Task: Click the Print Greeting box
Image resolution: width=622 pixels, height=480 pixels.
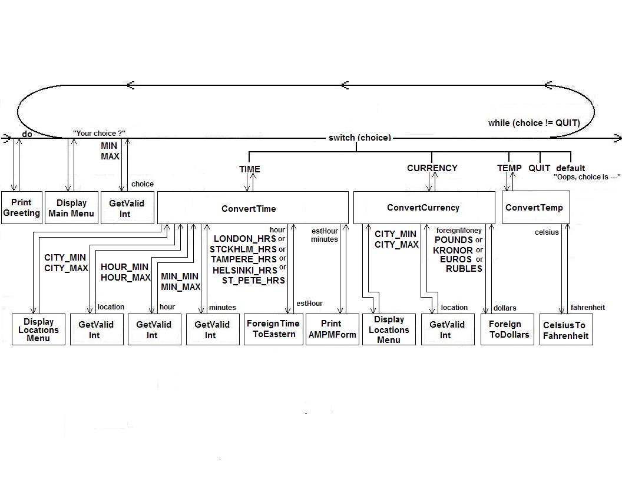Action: coord(22,208)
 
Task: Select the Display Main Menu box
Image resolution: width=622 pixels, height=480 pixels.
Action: coord(71,208)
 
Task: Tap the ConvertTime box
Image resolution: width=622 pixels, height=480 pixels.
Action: coord(253,208)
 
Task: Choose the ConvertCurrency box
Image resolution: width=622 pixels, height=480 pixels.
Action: coord(424,208)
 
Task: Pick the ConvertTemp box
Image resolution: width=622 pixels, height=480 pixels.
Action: coord(535,207)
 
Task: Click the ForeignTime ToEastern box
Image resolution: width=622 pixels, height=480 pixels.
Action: coord(273,329)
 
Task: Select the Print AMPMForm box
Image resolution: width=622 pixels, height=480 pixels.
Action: coord(332,329)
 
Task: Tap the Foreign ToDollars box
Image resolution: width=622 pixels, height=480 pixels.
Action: coord(507,329)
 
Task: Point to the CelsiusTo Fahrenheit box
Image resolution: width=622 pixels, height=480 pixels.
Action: coord(566,329)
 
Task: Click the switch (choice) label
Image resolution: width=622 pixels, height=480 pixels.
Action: coord(360,138)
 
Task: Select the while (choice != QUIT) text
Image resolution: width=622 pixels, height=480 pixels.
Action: coord(534,123)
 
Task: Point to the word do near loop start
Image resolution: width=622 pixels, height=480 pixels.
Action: coord(27,134)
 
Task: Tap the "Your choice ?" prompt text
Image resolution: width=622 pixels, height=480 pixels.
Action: coord(99,133)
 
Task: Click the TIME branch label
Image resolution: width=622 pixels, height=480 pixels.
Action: coord(250,169)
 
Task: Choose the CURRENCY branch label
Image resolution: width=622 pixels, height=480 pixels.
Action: coord(432,168)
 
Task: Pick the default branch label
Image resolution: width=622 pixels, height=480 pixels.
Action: coord(570,168)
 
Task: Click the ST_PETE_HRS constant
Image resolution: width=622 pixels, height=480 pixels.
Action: coord(253,281)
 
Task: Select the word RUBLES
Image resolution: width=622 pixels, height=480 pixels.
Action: coord(464,268)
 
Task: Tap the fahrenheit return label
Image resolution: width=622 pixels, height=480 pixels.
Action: coord(588,307)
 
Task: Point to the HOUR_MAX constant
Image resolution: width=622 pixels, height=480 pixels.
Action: coord(125,278)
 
